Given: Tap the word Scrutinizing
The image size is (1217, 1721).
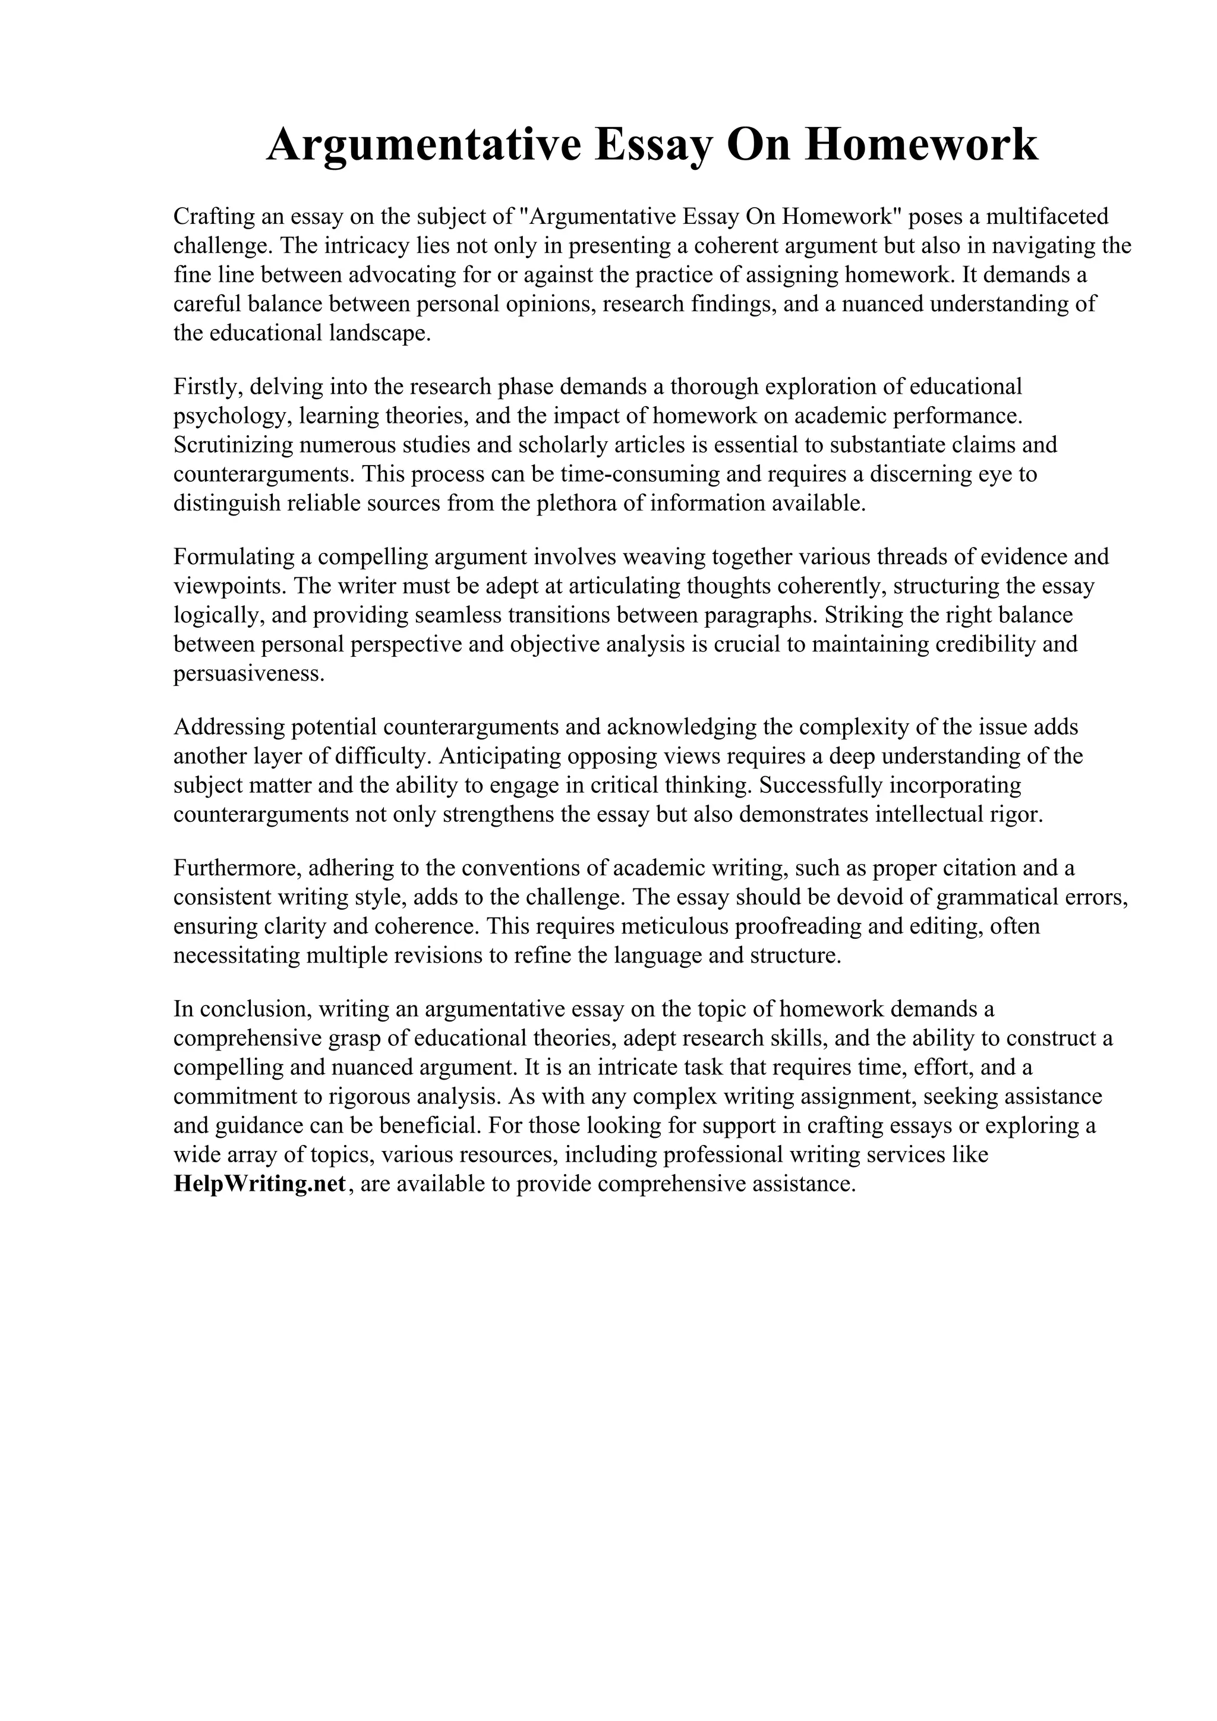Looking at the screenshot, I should click(232, 445).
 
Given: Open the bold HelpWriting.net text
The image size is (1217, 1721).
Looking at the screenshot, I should click(260, 1184).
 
